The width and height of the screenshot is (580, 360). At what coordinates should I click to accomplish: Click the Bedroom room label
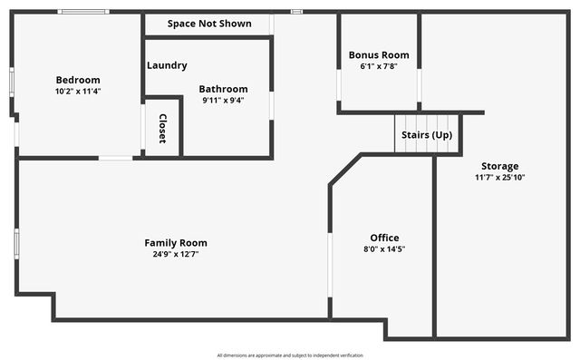tap(78, 80)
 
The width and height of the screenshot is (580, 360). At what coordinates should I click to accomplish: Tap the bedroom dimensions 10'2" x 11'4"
tap(78, 91)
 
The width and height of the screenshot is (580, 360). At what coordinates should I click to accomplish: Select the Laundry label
tap(168, 65)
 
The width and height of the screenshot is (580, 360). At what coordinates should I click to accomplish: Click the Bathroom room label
tap(223, 89)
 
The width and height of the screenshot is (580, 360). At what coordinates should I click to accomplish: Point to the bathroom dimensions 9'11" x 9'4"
tap(223, 100)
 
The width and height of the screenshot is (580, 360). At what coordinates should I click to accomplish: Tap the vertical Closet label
tap(163, 128)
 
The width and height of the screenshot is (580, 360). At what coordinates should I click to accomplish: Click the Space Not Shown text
tap(209, 24)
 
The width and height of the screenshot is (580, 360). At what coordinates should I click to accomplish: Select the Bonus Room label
tap(379, 54)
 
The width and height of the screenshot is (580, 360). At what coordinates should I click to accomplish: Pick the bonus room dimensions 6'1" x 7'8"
tap(379, 65)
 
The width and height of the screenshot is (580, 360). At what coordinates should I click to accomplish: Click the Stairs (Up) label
tap(427, 135)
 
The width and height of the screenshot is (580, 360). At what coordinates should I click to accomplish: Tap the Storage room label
tap(499, 166)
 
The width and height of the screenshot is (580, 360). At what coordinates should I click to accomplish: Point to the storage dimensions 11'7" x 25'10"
tap(499, 177)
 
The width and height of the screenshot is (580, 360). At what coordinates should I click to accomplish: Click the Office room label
tap(384, 238)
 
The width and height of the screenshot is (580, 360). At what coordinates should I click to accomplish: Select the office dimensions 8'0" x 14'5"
tap(384, 248)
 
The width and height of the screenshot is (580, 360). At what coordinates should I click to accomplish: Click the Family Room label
tap(176, 242)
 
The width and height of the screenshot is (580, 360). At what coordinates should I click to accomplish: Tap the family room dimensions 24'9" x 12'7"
tap(176, 254)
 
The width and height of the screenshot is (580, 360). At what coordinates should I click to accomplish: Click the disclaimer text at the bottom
tap(290, 355)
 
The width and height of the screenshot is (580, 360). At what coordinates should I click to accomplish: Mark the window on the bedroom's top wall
tap(83, 12)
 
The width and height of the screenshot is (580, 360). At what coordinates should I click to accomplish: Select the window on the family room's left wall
tap(15, 243)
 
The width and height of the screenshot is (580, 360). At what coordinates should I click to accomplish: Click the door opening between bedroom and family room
tap(115, 158)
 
